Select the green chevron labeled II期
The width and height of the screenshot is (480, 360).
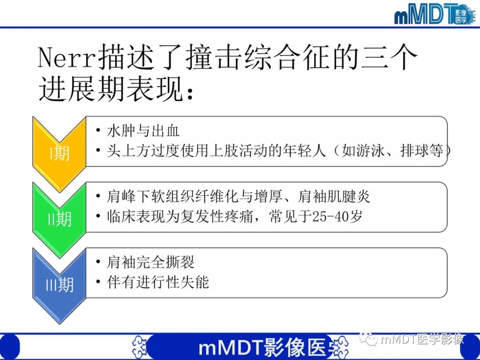click(59, 218)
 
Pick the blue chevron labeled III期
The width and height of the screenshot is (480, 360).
click(59, 284)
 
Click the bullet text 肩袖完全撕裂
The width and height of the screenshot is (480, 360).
click(151, 262)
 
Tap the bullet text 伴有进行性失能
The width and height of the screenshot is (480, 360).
click(158, 282)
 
